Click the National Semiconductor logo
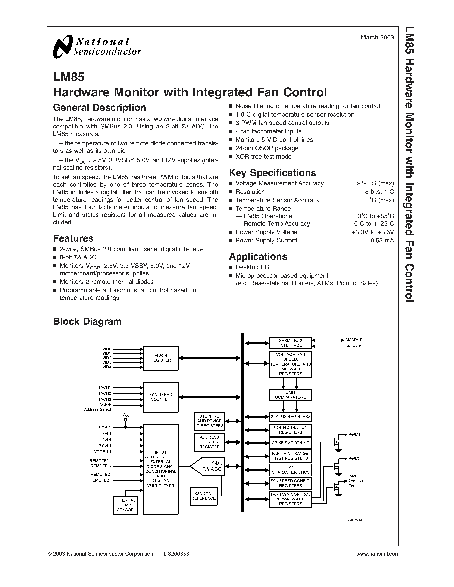(97, 47)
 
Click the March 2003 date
(377, 38)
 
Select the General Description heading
(100, 108)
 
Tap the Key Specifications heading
(272, 173)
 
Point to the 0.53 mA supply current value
(382, 241)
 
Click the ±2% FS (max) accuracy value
(373, 183)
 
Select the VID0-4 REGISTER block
(161, 358)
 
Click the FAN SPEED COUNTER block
(161, 397)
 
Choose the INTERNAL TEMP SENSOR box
(125, 505)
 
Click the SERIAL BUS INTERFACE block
(291, 343)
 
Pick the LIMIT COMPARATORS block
(291, 395)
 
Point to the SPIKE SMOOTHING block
(291, 443)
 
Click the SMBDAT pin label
(353, 340)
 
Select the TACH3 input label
(105, 399)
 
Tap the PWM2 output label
(354, 459)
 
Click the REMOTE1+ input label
(101, 461)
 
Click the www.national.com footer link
(378, 554)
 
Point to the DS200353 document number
(176, 554)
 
